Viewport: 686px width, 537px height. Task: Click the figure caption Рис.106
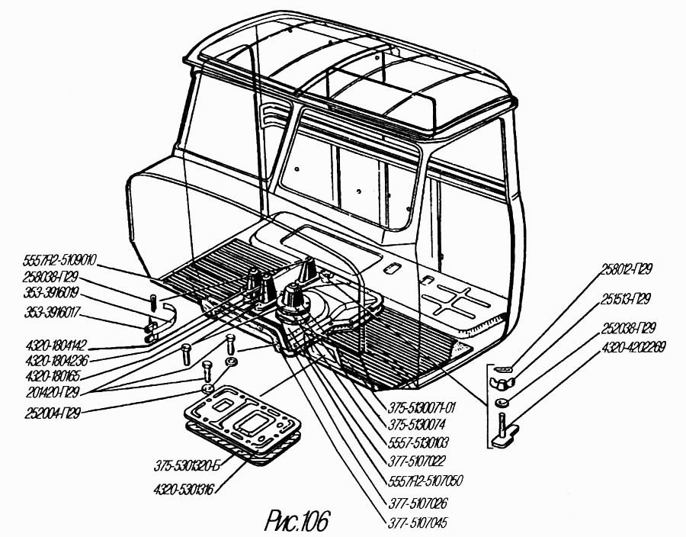297,520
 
